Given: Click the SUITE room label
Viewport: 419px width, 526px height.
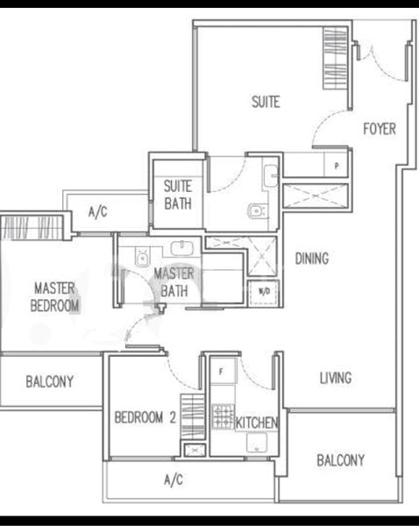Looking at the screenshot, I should point(266,103).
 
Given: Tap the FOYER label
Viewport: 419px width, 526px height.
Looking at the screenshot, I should point(380,129).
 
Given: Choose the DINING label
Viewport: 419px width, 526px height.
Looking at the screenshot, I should point(312,259).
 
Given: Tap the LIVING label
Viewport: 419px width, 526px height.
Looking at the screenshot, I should point(335,378).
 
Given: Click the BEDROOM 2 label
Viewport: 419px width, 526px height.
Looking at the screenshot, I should point(146,418).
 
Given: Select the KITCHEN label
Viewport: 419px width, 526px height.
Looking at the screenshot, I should point(257,423).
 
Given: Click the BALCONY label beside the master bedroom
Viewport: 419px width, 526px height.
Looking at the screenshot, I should point(49,381).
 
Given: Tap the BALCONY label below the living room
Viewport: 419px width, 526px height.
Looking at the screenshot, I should point(341,459).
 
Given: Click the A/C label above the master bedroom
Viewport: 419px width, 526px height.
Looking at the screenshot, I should point(97,211).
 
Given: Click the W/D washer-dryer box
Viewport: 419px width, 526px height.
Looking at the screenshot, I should point(263,292).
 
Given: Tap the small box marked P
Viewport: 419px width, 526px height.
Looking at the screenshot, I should point(337,164).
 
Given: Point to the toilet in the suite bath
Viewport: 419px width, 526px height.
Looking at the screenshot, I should point(255,210).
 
